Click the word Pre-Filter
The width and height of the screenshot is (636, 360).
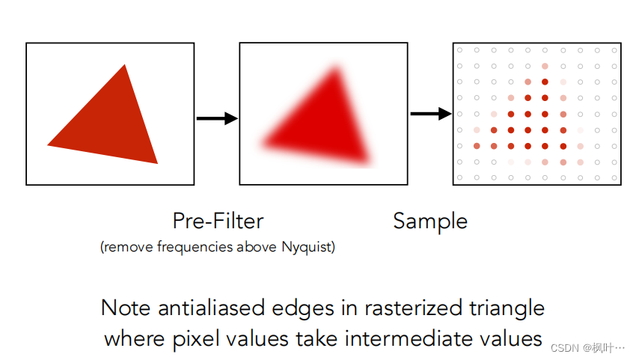(x=218, y=221)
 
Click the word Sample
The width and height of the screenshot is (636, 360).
(x=430, y=221)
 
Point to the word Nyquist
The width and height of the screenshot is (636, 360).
(x=308, y=246)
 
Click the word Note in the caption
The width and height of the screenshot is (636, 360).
(x=124, y=308)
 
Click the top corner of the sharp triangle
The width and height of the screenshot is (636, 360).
(x=125, y=65)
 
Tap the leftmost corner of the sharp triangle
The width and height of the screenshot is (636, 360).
(x=49, y=144)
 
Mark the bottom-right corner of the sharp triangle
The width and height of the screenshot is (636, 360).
(x=157, y=162)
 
